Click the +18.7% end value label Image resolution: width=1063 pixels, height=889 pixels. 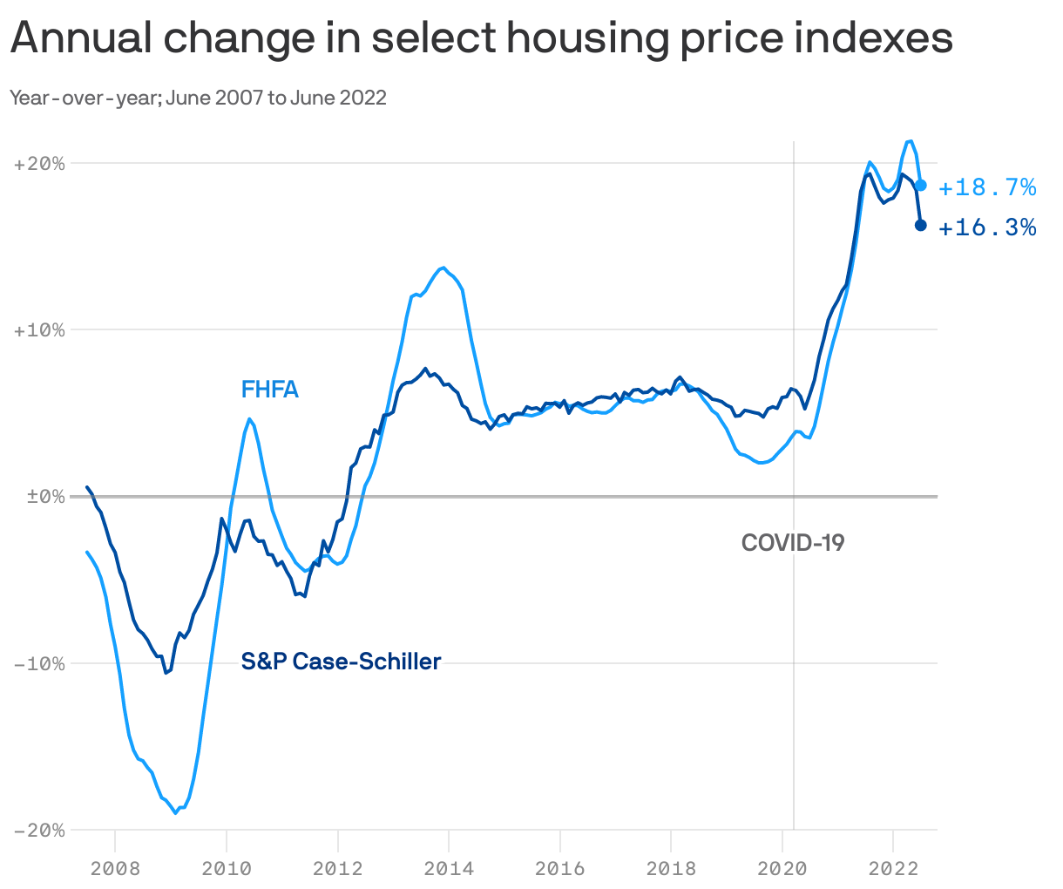point(987,187)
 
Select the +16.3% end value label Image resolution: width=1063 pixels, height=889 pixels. point(987,228)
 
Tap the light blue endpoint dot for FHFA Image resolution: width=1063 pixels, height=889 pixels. point(920,186)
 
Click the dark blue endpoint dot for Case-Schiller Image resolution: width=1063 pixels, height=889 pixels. point(920,226)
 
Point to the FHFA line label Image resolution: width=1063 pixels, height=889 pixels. point(270,390)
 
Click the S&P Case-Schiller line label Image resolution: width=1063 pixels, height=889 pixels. point(341,662)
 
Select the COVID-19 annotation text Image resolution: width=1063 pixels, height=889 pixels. point(793,543)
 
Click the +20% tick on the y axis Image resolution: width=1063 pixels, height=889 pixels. point(39,164)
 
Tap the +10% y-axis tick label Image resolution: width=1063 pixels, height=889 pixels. point(39,330)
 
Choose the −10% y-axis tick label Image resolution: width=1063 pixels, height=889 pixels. point(39,663)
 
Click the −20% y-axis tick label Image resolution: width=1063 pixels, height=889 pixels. point(39,830)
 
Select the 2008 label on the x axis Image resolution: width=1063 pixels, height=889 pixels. point(115,868)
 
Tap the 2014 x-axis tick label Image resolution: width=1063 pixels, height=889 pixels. point(449,868)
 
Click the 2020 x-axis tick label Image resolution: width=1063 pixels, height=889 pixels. point(782,868)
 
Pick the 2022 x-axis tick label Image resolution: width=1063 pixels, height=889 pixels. point(893,868)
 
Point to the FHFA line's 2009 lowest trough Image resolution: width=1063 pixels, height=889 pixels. point(176,812)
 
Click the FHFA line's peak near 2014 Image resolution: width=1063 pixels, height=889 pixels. point(443,268)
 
